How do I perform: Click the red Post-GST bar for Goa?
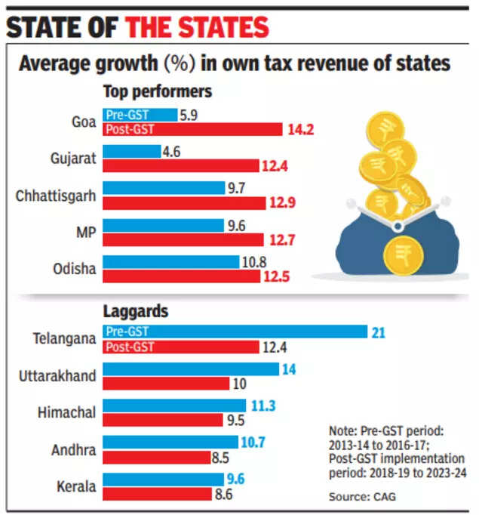[x=192, y=130]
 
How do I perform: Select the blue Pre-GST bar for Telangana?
[x=234, y=332]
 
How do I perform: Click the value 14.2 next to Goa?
[x=300, y=130]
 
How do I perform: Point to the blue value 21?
[x=379, y=332]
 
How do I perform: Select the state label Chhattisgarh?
[x=56, y=196]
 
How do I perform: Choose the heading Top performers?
[x=157, y=92]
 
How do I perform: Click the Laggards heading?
[x=135, y=310]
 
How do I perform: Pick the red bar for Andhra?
[x=156, y=457]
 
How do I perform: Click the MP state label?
[x=83, y=233]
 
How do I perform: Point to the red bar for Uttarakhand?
[x=165, y=384]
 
